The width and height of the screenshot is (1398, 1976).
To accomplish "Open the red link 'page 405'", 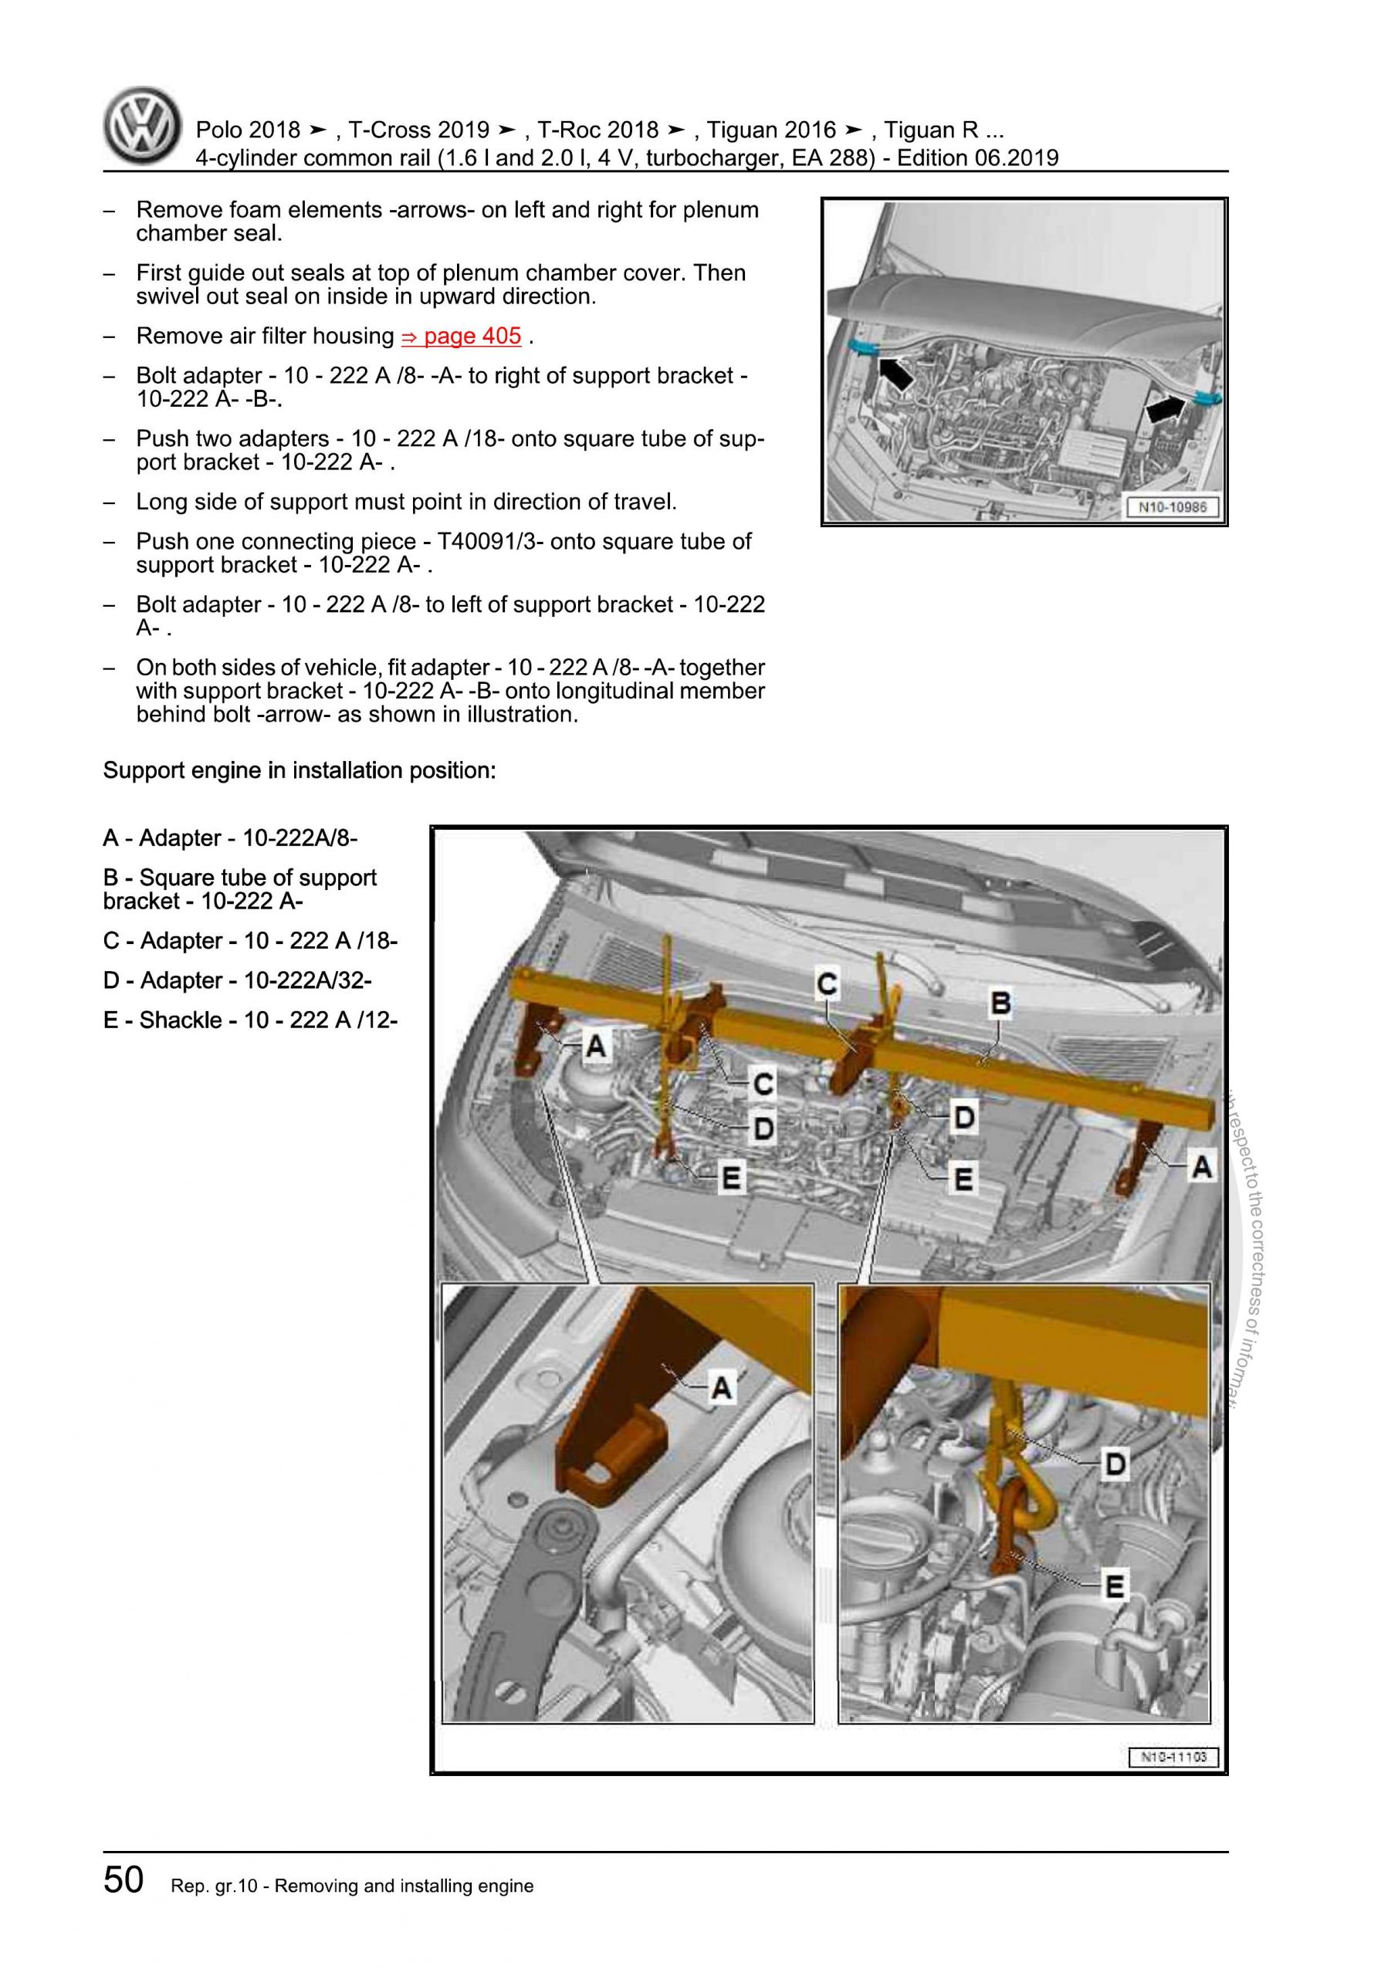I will tap(462, 336).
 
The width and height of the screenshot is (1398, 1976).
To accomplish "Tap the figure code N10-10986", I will tap(1173, 507).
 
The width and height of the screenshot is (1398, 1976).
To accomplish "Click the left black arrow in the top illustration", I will tap(895, 373).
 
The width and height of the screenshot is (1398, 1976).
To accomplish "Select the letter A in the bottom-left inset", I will tap(720, 1386).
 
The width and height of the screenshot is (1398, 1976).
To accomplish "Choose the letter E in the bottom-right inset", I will tap(1115, 1586).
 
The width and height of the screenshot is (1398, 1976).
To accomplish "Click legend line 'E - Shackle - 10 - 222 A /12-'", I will tap(249, 1020).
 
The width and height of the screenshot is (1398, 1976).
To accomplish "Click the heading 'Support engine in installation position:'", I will tap(300, 770).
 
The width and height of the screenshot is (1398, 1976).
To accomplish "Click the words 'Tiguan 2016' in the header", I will tap(770, 130).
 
